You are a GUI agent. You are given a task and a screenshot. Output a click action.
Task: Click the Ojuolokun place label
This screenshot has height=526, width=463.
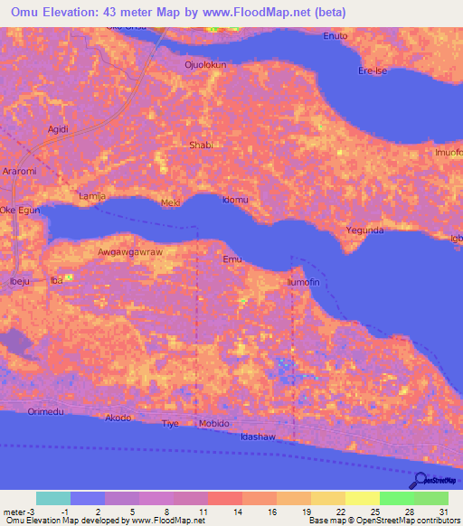[204, 65]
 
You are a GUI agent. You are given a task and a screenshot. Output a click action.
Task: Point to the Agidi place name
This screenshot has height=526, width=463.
[58, 129]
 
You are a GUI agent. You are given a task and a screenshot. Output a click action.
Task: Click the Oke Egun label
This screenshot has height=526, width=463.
[21, 210]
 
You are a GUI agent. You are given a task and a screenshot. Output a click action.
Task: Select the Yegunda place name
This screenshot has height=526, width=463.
[365, 230]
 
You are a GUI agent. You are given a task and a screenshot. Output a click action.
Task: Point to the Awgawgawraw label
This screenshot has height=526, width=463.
[129, 252]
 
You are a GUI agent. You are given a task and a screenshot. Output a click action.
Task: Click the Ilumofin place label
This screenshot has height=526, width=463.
[304, 283]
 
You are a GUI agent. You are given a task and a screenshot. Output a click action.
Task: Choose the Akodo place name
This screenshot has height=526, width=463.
[118, 418]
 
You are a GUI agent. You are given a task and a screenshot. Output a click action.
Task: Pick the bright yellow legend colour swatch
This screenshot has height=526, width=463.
[362, 498]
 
